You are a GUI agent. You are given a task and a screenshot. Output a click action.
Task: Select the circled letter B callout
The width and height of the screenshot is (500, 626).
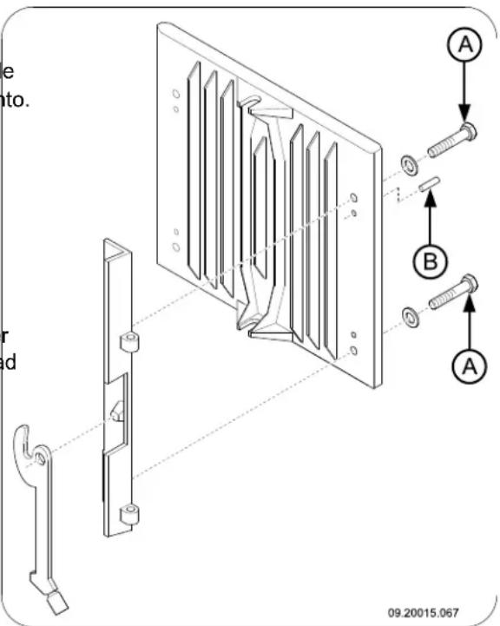click(429, 258)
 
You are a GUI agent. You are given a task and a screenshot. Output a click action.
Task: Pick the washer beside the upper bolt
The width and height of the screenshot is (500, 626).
click(406, 163)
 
